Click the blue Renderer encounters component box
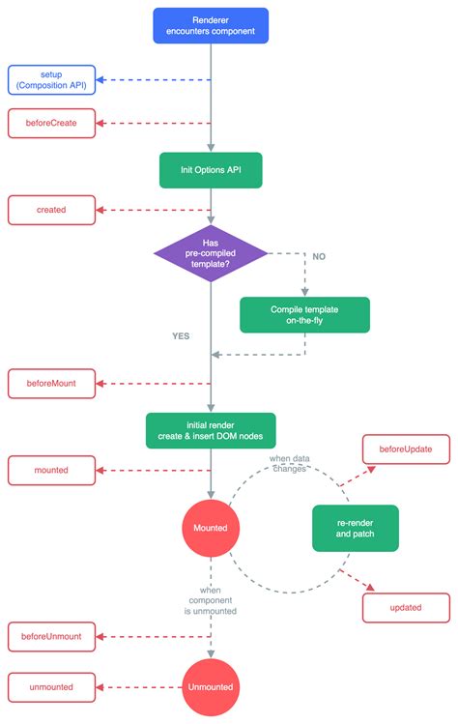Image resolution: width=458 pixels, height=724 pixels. coord(210,25)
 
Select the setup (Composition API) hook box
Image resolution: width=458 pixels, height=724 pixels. coord(51,79)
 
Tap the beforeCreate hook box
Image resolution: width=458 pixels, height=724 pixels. coord(51,123)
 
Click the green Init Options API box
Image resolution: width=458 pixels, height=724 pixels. coord(210,169)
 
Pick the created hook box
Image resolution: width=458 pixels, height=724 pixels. coord(51,209)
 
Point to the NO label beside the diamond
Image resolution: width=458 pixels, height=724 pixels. coord(318,256)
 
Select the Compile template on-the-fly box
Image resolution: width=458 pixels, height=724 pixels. coord(304,314)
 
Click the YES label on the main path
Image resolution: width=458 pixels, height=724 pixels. coord(181,336)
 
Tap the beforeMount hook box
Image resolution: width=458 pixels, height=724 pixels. coord(51,383)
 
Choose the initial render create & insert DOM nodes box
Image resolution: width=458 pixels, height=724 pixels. coord(210,429)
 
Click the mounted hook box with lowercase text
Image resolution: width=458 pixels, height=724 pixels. coord(51,471)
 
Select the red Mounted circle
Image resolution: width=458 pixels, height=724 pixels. coord(210,527)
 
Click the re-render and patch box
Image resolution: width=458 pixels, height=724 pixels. coord(355,527)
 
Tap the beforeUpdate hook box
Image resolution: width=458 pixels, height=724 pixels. coord(405,449)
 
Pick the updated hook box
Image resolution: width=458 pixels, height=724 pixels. coord(405,607)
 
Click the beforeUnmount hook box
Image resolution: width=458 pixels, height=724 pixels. coord(51,637)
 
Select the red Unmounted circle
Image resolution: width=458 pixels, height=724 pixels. coord(210,687)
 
